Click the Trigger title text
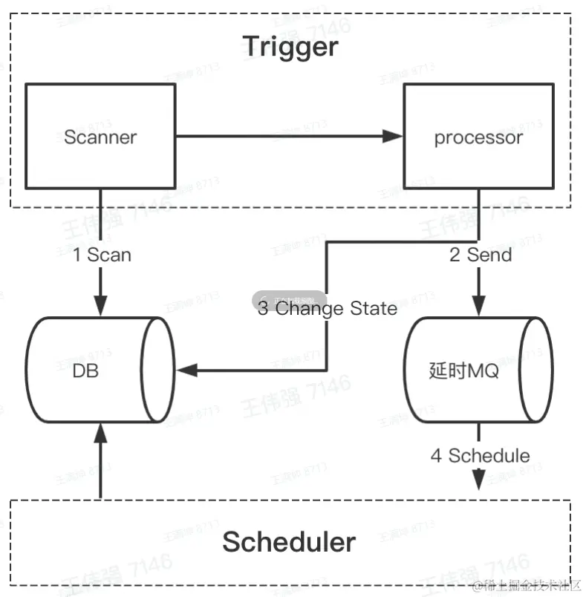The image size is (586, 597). coord(290,48)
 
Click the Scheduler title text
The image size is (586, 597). coord(290,542)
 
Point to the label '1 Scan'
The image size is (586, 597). coord(102,255)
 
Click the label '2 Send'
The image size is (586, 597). coord(481,255)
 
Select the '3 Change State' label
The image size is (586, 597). coord(328,308)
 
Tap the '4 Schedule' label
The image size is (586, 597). coord(481,455)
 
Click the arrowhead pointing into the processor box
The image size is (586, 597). coord(394,136)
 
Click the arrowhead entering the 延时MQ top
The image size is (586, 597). coord(478,306)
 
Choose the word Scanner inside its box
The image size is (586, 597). coord(100,137)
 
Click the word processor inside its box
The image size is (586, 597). coord(478,137)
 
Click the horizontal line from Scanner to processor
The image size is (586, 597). coord(282,136)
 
